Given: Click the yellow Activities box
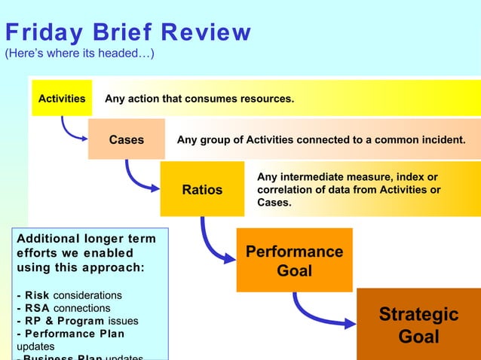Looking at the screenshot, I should pos(62,99).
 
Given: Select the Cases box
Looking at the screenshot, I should pos(127,139).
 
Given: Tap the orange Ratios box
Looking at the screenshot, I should pos(202,189).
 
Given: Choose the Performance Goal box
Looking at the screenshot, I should pos(294,260).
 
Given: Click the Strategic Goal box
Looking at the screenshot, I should pos(418,325).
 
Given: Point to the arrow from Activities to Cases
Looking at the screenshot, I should pos(72,132).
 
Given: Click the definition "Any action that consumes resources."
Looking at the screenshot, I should pos(199,99).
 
